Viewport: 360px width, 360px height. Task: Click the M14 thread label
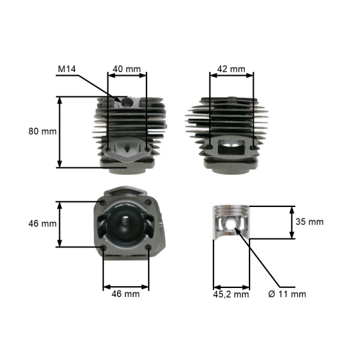67,69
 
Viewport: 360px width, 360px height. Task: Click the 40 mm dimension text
126,69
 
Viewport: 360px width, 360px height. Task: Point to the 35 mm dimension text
310,221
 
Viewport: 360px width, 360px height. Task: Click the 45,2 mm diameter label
231,294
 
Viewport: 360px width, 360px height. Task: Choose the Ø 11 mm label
287,294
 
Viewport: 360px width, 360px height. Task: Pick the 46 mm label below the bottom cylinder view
126,294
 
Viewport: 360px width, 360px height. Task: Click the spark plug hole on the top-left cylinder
127,103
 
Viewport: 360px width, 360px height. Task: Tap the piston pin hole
232,225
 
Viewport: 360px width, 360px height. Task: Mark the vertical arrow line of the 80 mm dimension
59,132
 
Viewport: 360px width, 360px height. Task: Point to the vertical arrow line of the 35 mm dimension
292,222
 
